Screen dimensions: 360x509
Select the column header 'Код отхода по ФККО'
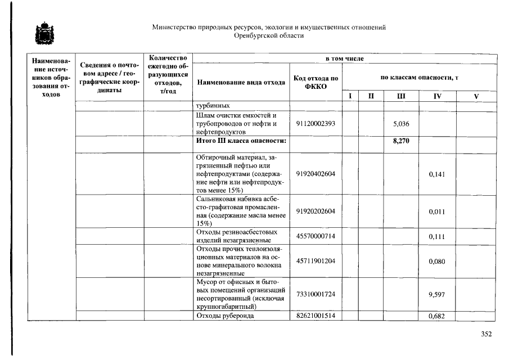(316, 82)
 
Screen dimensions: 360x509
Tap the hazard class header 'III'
(401, 97)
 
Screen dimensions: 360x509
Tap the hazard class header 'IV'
(437, 97)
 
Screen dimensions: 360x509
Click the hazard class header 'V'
(476, 97)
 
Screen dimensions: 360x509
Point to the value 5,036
(400, 124)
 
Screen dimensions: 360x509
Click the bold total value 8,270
(400, 141)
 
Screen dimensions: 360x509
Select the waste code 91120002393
(316, 124)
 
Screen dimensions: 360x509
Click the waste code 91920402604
(316, 174)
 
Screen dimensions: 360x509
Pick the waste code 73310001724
(316, 294)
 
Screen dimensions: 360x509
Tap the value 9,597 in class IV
(437, 294)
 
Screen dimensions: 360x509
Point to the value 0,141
(437, 174)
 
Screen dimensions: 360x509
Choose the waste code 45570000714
(316, 236)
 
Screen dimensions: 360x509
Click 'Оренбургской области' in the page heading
(269, 35)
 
